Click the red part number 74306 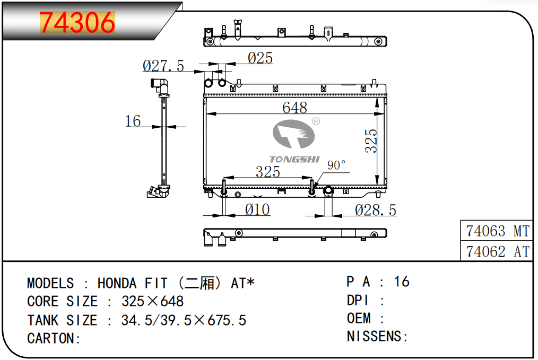click(x=77, y=23)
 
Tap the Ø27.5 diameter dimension click(x=163, y=66)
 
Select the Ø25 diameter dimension click(x=261, y=58)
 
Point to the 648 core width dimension click(x=295, y=108)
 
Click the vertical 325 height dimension click(x=371, y=141)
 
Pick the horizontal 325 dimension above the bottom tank click(x=267, y=172)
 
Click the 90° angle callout click(x=336, y=165)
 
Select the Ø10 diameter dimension click(x=257, y=209)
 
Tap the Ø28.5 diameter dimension click(x=376, y=210)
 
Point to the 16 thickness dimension click(x=133, y=121)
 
